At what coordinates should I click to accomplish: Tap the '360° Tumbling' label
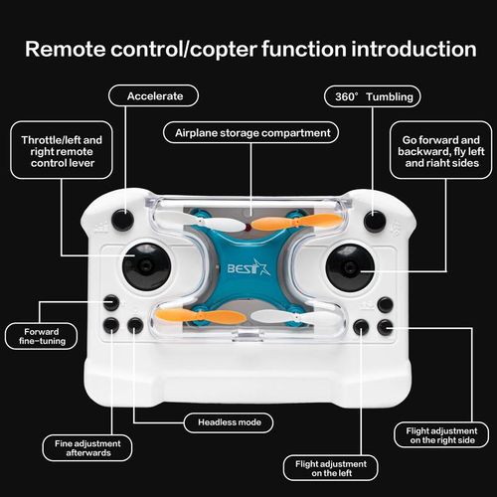[372, 96]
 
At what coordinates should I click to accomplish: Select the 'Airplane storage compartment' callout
[250, 131]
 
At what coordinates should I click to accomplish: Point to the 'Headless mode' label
[228, 422]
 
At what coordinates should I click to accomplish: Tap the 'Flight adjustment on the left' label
[330, 468]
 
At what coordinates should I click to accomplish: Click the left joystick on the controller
[146, 265]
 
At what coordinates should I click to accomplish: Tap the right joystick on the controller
[349, 265]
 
